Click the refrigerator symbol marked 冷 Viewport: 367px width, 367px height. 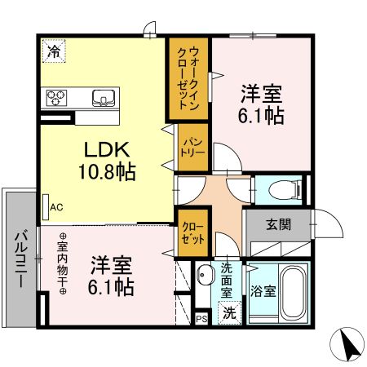coord(53,51)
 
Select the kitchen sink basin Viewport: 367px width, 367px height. coord(104,98)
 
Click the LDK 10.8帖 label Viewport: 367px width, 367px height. coord(106,161)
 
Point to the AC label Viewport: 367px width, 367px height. coord(56,207)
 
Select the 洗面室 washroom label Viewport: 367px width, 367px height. coord(228,277)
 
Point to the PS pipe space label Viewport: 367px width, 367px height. coord(201,319)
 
